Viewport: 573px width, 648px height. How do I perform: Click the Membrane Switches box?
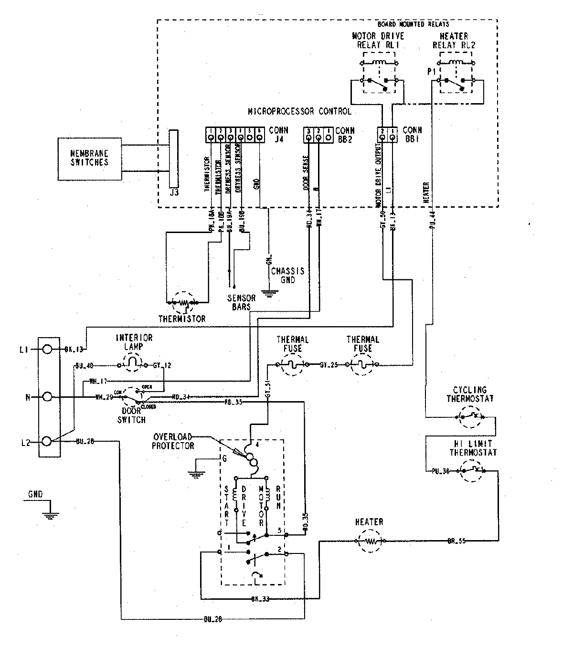89,159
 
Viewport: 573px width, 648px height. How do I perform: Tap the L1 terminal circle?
47,350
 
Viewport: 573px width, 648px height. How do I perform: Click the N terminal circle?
47,397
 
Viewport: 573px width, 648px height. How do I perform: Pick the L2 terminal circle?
47,442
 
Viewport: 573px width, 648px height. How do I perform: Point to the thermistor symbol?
182,302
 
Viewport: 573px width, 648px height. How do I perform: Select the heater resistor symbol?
371,542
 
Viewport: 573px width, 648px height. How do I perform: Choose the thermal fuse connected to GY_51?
292,365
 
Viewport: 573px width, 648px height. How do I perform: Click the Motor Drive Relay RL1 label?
378,41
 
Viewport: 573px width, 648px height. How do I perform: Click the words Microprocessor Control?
299,111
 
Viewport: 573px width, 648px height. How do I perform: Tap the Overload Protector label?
172,441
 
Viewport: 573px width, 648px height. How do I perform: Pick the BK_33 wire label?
260,598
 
